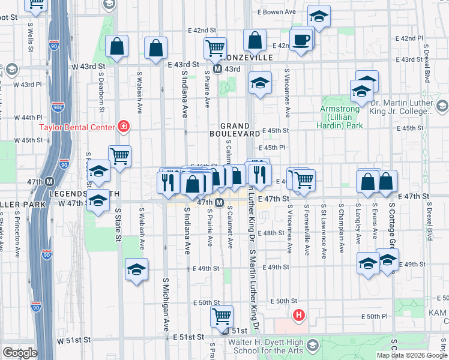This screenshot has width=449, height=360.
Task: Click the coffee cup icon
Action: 301,40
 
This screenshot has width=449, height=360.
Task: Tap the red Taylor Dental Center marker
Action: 124,127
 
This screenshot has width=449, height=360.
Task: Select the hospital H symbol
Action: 298,314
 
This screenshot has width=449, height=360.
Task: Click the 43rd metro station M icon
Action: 218,69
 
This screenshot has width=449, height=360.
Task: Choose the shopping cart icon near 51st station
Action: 222,316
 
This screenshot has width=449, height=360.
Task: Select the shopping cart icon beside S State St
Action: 120,157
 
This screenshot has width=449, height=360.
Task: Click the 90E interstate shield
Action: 58,107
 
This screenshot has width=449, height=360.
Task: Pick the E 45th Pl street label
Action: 272,148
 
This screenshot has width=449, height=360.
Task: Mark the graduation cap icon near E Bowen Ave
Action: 319,17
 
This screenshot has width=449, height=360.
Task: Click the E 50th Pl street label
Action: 379,316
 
